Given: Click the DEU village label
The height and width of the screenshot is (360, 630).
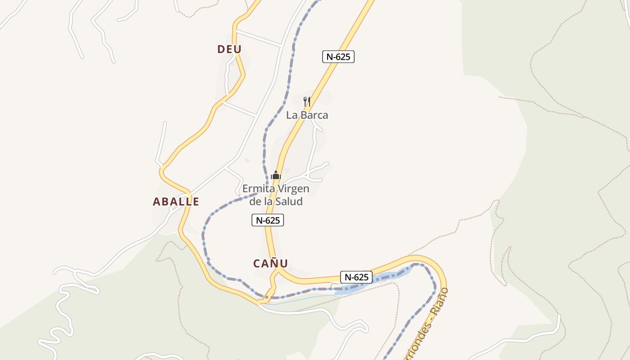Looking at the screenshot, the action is (x=229, y=49).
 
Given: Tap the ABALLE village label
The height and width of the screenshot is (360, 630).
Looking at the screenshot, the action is (x=176, y=202).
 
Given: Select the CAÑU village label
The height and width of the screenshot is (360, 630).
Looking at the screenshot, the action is (x=270, y=263).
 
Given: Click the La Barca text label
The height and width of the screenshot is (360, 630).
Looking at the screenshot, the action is (x=307, y=115).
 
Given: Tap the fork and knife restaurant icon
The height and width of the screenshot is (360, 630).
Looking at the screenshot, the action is (x=307, y=101).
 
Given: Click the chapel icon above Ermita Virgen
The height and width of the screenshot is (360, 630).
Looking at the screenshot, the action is (x=276, y=175).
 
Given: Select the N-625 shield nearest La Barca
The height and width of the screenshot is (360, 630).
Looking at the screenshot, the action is (x=338, y=57).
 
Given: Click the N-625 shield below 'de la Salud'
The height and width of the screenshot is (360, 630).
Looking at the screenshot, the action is (x=268, y=220).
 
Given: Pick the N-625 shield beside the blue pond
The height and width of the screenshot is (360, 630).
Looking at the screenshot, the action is (x=356, y=277).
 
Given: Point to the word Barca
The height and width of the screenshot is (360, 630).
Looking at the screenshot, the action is (x=314, y=115).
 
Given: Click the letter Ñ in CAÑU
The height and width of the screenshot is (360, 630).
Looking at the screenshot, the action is (x=275, y=263).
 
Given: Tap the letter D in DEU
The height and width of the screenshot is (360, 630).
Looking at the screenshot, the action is (x=221, y=49).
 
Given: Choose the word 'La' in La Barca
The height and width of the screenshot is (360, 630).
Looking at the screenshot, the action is (x=292, y=115).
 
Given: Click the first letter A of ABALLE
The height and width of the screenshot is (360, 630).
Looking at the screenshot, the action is (x=157, y=202).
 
